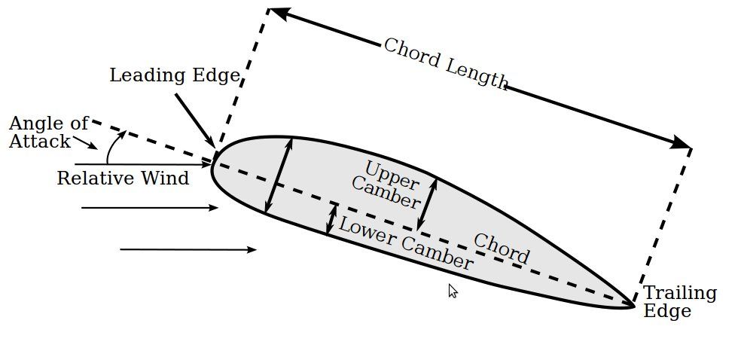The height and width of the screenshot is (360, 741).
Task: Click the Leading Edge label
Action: pyautogui.click(x=174, y=75)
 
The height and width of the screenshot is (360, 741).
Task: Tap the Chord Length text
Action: pyautogui.click(x=445, y=63)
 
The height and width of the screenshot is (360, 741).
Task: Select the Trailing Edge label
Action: pyautogui.click(x=678, y=302)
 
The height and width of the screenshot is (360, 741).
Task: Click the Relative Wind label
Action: pyautogui.click(x=123, y=178)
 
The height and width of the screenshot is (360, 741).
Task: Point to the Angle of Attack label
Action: pyautogui.click(x=47, y=132)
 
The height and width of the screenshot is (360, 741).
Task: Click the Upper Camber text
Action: pyautogui.click(x=388, y=184)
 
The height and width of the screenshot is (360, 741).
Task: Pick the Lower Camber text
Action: pyautogui.click(x=406, y=243)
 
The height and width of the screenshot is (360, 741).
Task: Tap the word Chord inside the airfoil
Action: pyautogui.click(x=501, y=249)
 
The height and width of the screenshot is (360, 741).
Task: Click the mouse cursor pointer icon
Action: pyautogui.click(x=453, y=291)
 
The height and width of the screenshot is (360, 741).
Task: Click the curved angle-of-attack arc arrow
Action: pyautogui.click(x=114, y=146)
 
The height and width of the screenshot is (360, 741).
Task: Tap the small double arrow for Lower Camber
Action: pyautogui.click(x=331, y=218)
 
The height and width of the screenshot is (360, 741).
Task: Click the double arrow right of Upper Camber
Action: pyautogui.click(x=427, y=203)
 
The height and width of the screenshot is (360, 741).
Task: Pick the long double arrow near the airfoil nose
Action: pyautogui.click(x=279, y=175)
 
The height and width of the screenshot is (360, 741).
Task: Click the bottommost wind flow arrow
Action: pyautogui.click(x=188, y=249)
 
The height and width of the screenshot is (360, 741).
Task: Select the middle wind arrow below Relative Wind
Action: pyautogui.click(x=149, y=207)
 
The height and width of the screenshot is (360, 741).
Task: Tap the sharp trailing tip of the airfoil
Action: pyautogui.click(x=632, y=305)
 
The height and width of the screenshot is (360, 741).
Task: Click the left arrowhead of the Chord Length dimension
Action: pyautogui.click(x=278, y=12)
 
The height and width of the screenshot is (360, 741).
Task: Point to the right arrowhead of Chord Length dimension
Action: pyautogui.click(x=681, y=142)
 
